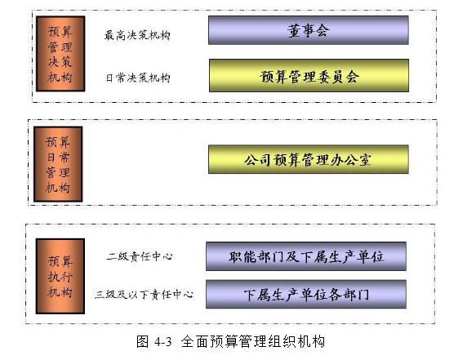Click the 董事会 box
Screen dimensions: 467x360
point(309,30)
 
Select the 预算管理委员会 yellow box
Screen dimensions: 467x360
point(309,76)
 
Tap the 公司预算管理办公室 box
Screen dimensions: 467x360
point(309,159)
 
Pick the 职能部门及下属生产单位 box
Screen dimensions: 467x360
point(306,256)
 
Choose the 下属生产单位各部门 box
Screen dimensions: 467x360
point(306,294)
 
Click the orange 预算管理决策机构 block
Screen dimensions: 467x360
point(60,54)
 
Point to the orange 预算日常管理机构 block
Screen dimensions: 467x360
point(58,164)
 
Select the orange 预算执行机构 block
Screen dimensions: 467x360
point(60,276)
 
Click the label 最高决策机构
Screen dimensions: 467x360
point(137,35)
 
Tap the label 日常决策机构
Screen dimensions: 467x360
point(138,78)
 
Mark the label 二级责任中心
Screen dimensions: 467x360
point(140,256)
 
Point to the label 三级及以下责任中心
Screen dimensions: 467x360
point(145,295)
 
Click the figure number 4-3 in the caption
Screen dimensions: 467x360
point(163,341)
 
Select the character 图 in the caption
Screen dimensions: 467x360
point(142,341)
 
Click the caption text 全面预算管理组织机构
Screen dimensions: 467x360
point(252,341)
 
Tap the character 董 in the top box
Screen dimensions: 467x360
point(294,30)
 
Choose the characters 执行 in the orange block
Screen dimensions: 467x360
point(60,277)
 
